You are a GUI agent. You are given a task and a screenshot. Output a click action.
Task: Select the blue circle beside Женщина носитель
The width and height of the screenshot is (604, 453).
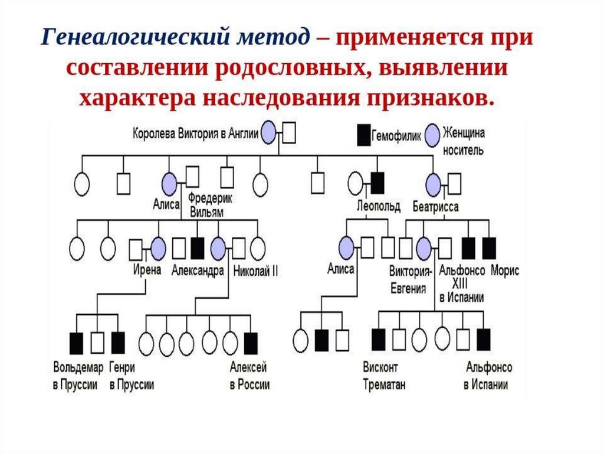[434, 135]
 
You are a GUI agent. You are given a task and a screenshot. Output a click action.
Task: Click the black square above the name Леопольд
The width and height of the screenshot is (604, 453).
[377, 182]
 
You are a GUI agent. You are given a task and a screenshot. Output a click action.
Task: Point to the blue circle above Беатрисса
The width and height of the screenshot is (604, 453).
[434, 184]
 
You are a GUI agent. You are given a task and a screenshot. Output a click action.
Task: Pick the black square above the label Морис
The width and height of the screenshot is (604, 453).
[489, 248]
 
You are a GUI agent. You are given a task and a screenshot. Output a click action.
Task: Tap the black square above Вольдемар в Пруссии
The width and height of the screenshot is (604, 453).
[77, 341]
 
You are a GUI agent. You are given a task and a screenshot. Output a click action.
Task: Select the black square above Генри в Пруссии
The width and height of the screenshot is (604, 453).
[118, 341]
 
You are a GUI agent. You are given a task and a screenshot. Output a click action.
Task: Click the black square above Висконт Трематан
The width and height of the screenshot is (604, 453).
[378, 339]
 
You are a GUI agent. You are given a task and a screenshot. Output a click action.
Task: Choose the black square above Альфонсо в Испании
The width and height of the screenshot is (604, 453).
[484, 339]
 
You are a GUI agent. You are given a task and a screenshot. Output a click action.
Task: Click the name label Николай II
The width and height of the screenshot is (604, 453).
[255, 271]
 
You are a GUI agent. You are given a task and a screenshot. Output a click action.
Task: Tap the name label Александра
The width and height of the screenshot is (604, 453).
[198, 271]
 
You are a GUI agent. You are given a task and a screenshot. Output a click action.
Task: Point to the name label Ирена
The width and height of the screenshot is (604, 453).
[147, 271]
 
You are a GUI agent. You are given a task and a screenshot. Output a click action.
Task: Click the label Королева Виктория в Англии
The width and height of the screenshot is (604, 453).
[196, 133]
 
